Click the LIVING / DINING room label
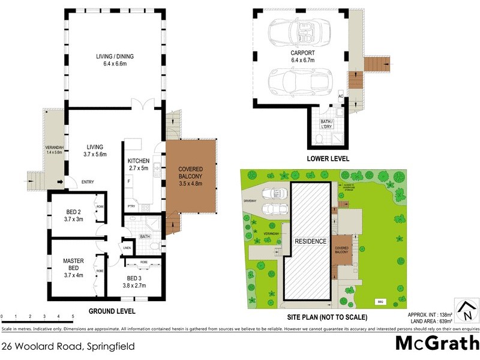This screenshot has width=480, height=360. tap(115, 61)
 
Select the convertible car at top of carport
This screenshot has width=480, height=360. tap(298, 30)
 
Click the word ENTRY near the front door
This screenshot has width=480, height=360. tap(88, 182)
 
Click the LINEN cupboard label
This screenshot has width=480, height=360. tap(127, 247)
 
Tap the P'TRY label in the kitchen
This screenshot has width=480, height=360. tap(130, 207)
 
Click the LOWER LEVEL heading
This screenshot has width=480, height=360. tap(328, 159)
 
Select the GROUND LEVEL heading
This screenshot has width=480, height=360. tap(112, 311)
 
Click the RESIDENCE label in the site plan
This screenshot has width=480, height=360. tap(310, 241)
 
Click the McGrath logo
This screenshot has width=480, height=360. tap(436, 344)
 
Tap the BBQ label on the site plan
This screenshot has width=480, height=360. tap(379, 302)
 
